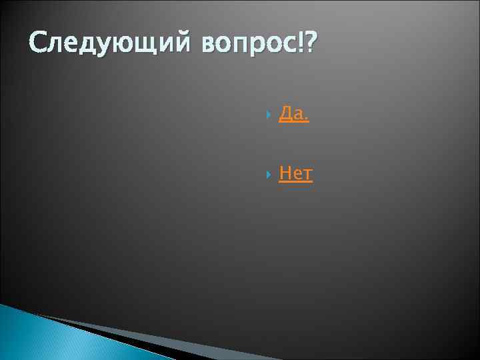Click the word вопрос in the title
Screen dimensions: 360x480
point(249,47)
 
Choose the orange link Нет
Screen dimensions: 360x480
point(295,174)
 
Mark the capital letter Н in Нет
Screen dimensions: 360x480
point(285,174)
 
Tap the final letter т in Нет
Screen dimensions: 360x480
point(306,175)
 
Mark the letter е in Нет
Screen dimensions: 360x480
point(296,175)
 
